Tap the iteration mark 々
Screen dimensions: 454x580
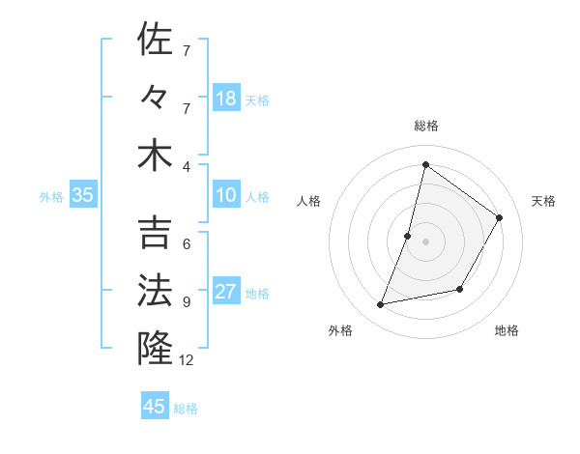(156, 97)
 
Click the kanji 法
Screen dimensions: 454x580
(156, 291)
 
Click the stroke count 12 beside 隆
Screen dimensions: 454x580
(188, 360)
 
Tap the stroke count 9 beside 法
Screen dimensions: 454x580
(186, 301)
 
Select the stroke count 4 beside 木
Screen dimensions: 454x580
(186, 165)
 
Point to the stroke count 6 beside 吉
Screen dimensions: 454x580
(186, 244)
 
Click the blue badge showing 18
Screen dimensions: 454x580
(226, 99)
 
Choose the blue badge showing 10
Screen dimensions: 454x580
(226, 195)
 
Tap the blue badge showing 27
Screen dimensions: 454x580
(226, 292)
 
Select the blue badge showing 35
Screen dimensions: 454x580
(83, 195)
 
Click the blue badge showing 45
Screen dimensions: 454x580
(155, 406)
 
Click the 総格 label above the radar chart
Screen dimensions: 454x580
(426, 127)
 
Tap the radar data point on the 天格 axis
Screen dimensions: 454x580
(500, 217)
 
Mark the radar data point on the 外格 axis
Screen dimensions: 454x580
(381, 305)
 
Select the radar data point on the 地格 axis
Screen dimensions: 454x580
(460, 289)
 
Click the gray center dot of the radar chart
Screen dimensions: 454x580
(426, 241)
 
